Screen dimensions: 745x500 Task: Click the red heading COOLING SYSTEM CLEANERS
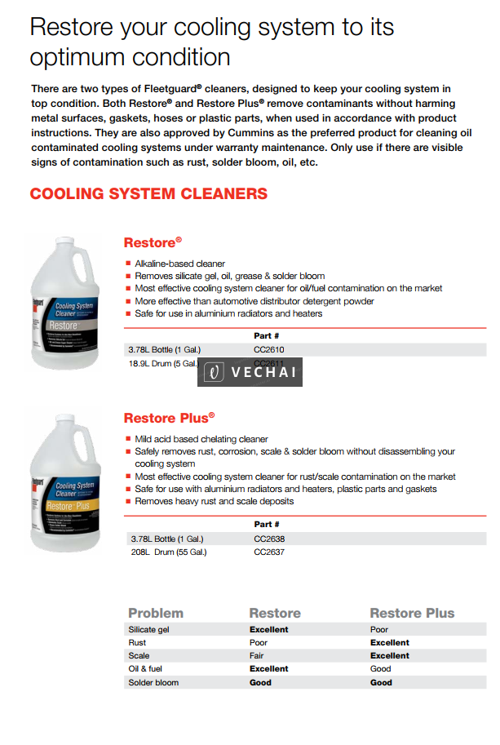[x=148, y=193]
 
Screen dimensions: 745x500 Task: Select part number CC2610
[x=268, y=349]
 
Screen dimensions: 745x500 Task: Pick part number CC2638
[x=269, y=539]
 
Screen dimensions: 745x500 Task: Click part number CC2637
[x=269, y=552]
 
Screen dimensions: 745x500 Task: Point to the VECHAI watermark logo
[x=250, y=372]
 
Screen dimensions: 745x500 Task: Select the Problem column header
[x=156, y=613]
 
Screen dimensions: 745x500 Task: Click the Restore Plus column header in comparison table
[x=412, y=613]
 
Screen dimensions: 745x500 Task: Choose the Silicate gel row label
[x=148, y=629]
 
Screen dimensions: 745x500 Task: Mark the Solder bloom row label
[x=153, y=682]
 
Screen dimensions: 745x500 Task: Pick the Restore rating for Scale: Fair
[x=257, y=655]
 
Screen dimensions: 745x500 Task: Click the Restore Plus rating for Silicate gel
[x=379, y=629]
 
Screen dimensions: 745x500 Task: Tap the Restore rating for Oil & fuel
[x=268, y=668]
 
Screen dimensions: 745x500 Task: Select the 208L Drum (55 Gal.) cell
[x=169, y=552]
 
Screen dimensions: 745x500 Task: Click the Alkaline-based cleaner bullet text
[x=179, y=264]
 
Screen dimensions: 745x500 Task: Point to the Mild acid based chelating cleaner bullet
[x=201, y=439]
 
